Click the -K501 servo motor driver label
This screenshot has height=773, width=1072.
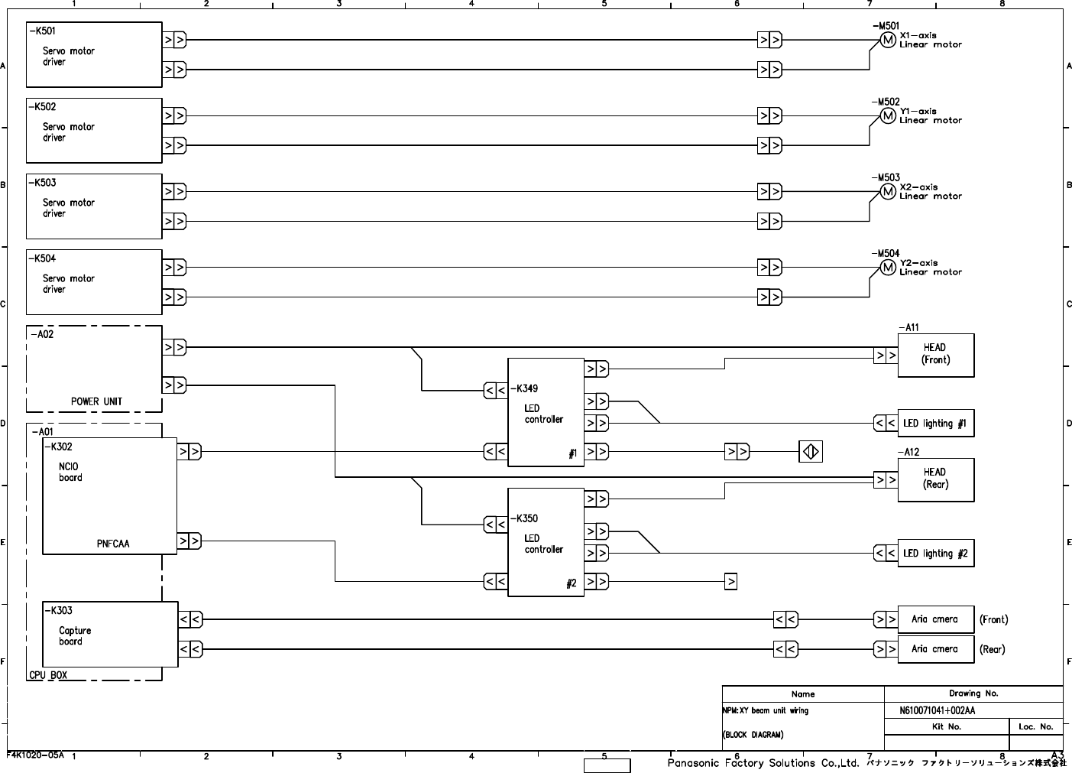[x=42, y=31]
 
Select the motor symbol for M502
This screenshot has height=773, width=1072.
[x=887, y=115]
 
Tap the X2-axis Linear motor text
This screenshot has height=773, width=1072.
[x=930, y=191]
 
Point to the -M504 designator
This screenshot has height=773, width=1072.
[x=886, y=253]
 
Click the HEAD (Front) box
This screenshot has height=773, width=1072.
[x=935, y=355]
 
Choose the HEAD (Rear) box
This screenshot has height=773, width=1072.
[x=935, y=479]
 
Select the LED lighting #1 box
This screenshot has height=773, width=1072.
[x=935, y=424]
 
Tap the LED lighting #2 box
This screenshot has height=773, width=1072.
[x=935, y=554]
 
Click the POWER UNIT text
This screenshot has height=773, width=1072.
[x=96, y=401]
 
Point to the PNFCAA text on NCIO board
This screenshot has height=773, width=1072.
[x=113, y=544]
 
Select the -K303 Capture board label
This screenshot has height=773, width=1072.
[x=59, y=610]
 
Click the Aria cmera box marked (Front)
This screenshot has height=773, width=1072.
[x=934, y=619]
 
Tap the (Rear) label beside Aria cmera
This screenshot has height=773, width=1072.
[x=993, y=649]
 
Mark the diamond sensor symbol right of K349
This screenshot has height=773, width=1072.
[x=811, y=452]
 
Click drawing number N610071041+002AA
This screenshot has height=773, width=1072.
[x=938, y=710]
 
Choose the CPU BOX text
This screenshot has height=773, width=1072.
[x=48, y=675]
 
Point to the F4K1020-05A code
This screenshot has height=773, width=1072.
[x=35, y=755]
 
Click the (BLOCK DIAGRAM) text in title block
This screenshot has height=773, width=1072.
[x=753, y=735]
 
